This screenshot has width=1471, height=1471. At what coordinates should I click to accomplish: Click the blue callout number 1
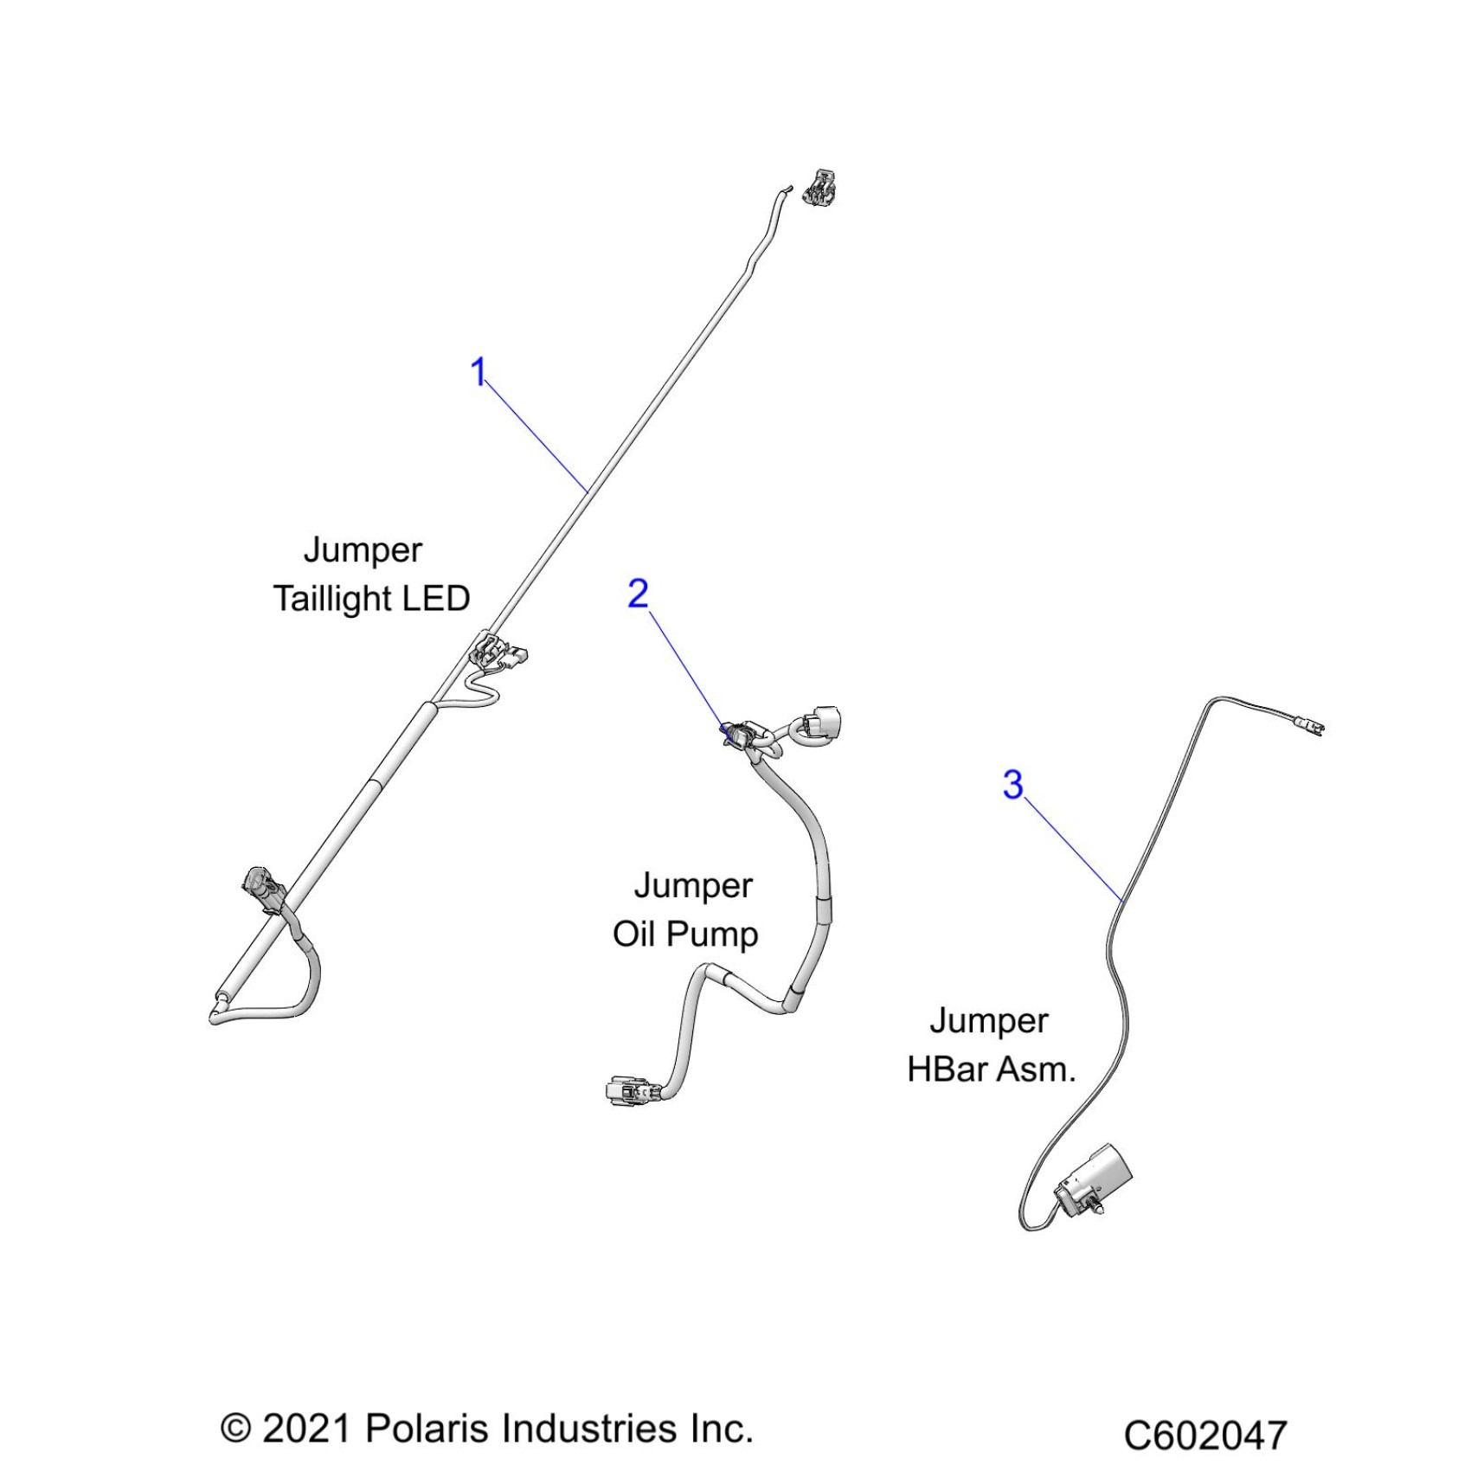(x=478, y=372)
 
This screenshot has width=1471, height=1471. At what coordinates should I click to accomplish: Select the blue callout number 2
(x=638, y=594)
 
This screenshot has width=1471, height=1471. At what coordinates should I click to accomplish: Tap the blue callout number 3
(x=1012, y=785)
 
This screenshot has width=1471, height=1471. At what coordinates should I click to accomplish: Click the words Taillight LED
(x=371, y=599)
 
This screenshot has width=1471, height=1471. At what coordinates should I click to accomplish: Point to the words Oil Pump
(x=685, y=935)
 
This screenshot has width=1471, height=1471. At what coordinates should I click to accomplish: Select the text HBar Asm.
(x=991, y=1070)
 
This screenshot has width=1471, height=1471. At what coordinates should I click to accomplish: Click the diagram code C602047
(x=1204, y=1436)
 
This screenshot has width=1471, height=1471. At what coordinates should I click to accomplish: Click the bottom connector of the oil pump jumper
(x=628, y=1091)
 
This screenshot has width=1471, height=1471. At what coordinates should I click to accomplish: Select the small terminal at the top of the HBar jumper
(x=1307, y=724)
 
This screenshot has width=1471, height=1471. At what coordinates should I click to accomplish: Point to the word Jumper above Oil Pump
(x=693, y=886)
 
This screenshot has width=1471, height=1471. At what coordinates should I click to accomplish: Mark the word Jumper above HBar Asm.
(x=988, y=1021)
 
